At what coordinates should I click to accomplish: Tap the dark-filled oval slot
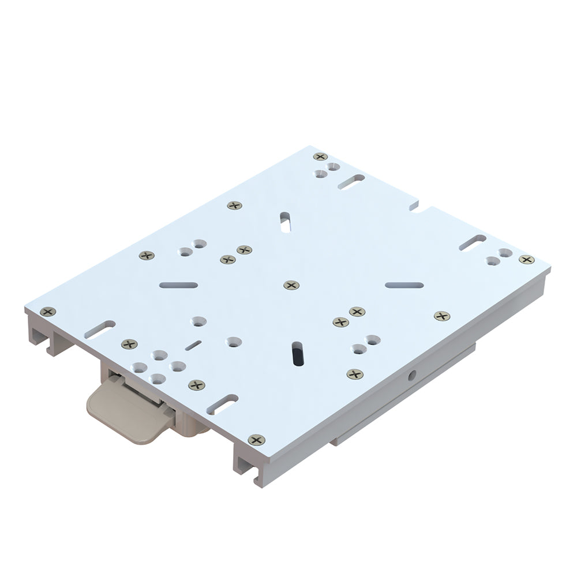coord(297,354)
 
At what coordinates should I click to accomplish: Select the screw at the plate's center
coord(291,285)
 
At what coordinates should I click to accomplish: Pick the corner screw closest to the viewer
coord(256,440)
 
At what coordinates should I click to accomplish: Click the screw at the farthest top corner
coord(320,156)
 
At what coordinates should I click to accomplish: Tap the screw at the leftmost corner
coord(48,312)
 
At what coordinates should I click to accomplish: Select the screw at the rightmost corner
coord(526,260)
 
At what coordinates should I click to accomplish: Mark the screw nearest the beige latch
coord(197,385)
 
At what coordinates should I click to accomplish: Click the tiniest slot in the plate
coord(193,345)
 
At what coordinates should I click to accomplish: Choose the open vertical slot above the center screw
coord(285,222)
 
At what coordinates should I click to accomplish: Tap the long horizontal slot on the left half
coord(178,285)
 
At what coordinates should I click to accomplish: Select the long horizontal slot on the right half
coord(404,285)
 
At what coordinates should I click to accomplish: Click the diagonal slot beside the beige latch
coord(222,404)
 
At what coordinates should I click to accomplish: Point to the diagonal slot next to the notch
coord(351,182)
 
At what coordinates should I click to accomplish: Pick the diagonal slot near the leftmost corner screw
coord(99,329)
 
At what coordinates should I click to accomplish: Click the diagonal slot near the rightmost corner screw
coord(473,242)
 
